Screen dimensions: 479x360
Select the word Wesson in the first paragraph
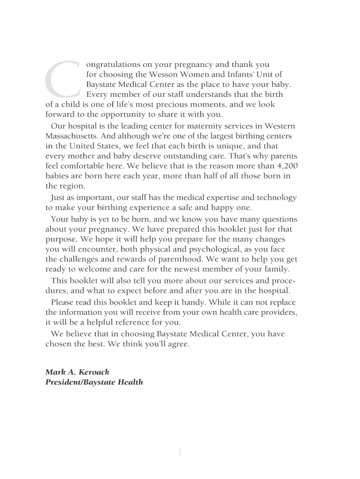(161, 75)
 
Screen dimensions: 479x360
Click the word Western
(280, 126)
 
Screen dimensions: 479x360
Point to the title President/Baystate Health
(94, 383)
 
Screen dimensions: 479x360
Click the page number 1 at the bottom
(180, 451)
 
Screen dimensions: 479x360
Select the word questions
(280, 219)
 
